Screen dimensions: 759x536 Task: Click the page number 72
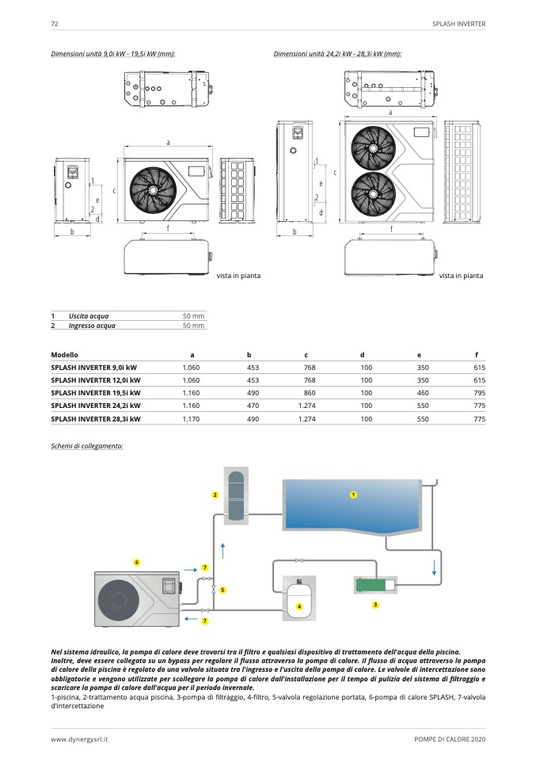pos(55,25)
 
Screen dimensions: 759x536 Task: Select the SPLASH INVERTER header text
pos(458,25)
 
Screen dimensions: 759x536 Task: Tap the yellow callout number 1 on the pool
pos(354,494)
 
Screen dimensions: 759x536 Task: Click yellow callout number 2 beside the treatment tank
pos(215,495)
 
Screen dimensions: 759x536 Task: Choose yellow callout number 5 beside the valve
pos(222,589)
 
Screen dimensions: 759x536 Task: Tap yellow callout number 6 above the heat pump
pos(137,562)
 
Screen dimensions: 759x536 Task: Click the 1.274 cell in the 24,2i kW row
pos(306,406)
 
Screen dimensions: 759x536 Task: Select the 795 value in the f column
pos(479,393)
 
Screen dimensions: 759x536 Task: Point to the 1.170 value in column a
pos(190,418)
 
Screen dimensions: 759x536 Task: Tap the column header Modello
pos(64,354)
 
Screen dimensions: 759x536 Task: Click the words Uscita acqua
pos(89,316)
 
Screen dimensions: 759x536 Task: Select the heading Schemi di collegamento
pos(86,447)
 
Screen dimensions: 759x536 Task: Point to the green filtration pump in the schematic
pos(371,584)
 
